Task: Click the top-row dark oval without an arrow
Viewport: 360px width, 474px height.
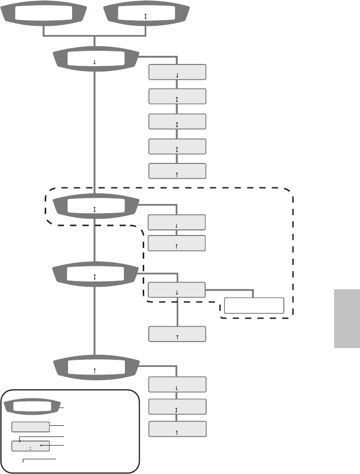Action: click(44, 15)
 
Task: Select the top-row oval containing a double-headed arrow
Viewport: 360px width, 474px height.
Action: click(146, 15)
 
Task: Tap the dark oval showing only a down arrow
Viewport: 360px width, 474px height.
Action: click(95, 60)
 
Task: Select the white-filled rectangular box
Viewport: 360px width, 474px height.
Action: click(253, 306)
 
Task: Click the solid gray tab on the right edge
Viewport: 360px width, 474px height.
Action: click(347, 318)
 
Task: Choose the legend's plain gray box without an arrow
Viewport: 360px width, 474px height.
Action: click(30, 426)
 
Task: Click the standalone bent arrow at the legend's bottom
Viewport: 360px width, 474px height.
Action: click(38, 459)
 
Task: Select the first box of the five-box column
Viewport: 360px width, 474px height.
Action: click(177, 72)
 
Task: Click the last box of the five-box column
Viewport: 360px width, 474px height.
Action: click(177, 171)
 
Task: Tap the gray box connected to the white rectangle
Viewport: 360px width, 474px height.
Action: click(177, 290)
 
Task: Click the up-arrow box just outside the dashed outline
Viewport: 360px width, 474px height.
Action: click(177, 334)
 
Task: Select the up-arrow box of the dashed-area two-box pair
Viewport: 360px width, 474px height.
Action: click(177, 243)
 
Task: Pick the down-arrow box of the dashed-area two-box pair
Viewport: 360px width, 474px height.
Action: click(177, 222)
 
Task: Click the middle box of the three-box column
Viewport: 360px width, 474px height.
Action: click(177, 407)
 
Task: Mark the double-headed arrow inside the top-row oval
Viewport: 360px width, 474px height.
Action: click(146, 17)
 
